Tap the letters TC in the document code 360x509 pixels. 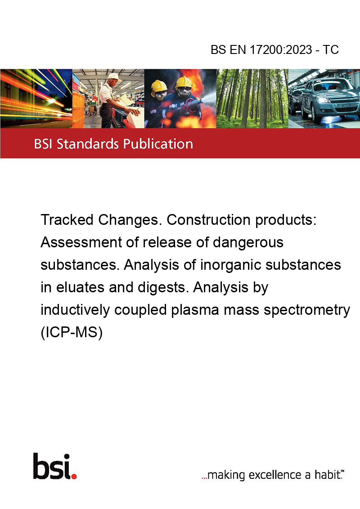tap(331, 49)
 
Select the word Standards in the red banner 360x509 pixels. tap(88, 144)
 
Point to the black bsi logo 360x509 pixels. tap(52, 466)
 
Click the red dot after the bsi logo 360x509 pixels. tap(74, 476)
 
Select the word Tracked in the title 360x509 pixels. tap(67, 220)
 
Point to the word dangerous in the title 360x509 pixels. tap(248, 242)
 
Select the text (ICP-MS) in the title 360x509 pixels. tap(72, 332)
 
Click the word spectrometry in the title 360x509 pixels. tap(307, 310)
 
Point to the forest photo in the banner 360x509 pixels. tap(252, 98)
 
